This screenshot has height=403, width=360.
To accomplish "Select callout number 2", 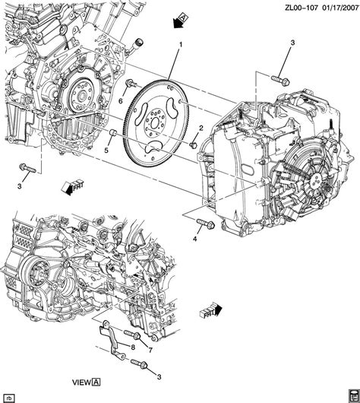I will (x=201, y=128).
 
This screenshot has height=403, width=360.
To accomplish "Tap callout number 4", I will (x=194, y=240).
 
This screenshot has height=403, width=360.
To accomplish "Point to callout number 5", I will (x=106, y=150).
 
